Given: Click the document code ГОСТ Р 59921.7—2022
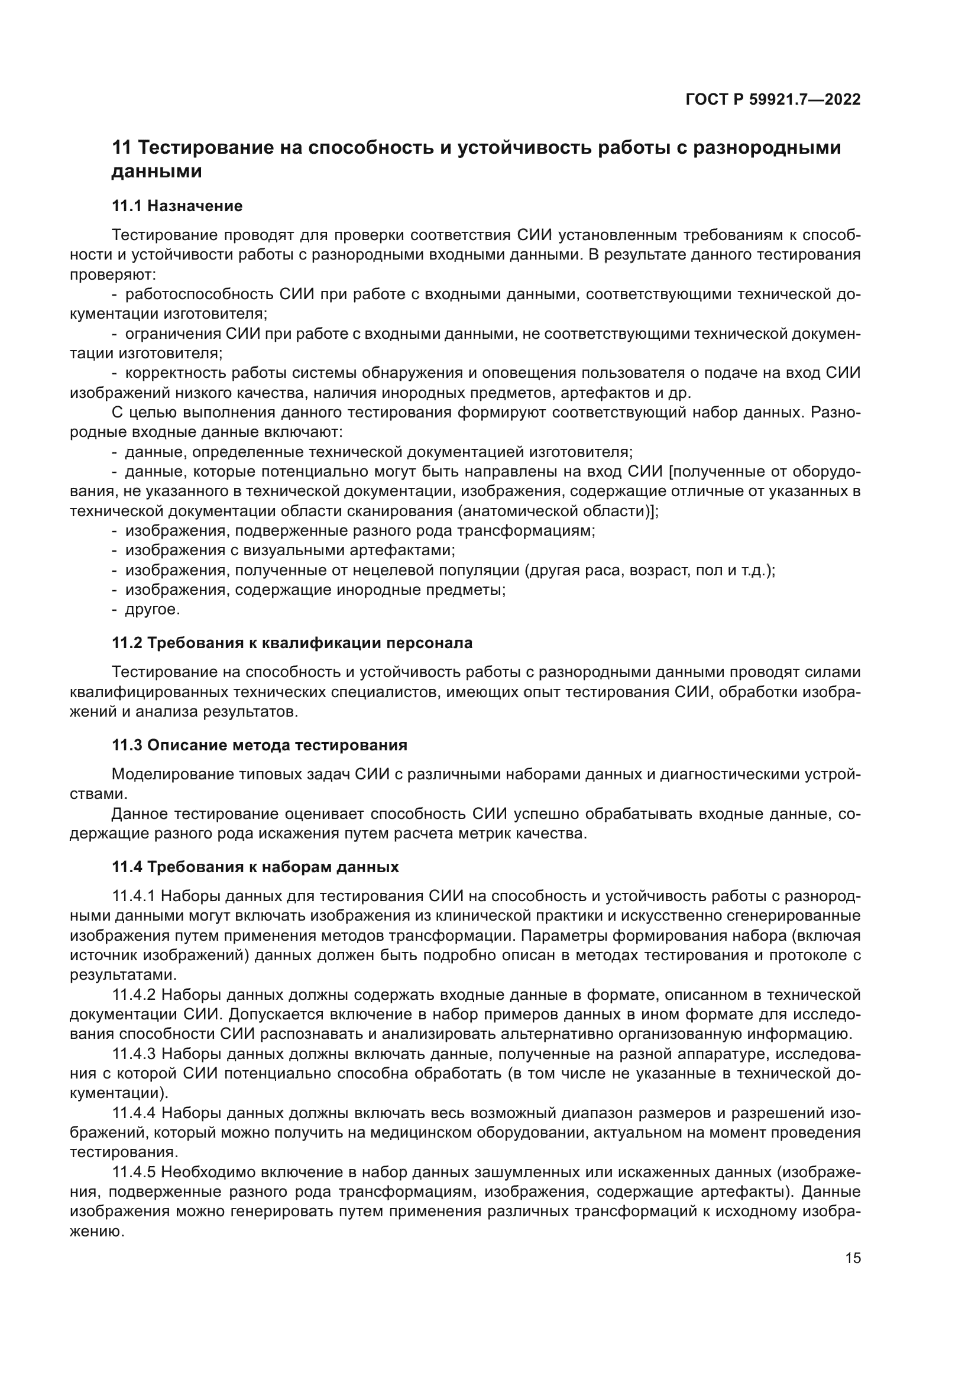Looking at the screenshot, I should (773, 100).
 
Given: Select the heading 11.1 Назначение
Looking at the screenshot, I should (177, 206).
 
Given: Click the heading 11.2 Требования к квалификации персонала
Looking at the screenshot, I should (292, 643).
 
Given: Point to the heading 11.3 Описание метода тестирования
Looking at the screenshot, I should (260, 745).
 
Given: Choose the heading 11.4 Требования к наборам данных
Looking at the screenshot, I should (255, 867).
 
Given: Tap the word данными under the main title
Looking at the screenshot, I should (157, 171).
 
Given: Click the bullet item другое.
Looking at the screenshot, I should (152, 610).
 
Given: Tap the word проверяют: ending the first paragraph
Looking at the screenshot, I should (113, 275).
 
